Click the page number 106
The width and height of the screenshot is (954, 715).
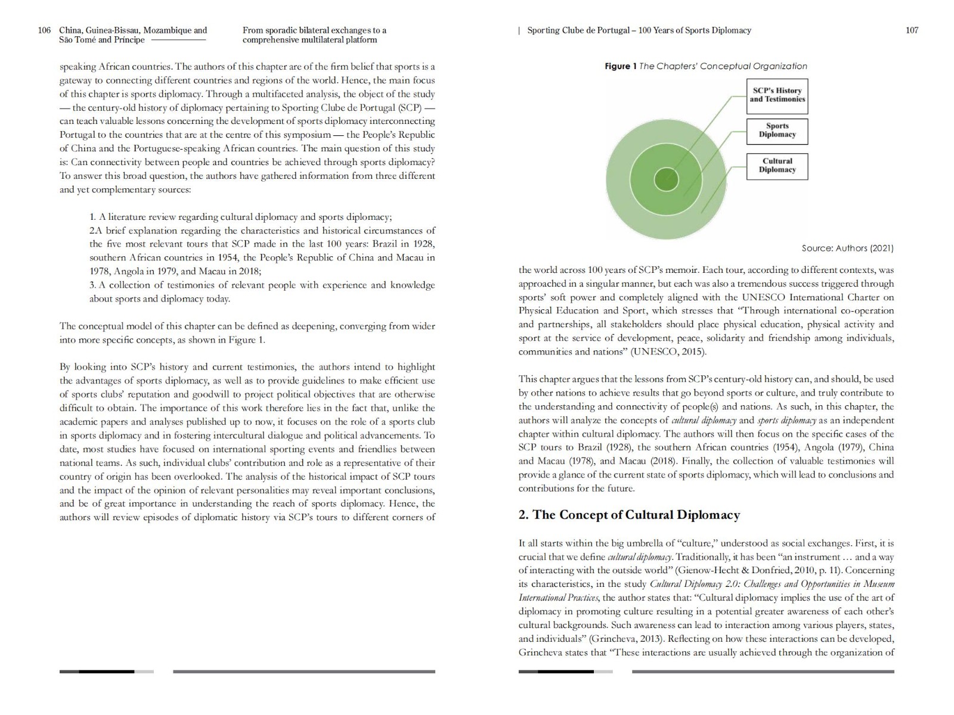44,30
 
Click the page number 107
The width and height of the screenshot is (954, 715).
912,30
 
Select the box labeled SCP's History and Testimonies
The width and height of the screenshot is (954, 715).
777,95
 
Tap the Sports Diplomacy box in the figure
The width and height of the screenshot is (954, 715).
777,130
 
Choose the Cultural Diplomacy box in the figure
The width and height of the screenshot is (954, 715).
777,166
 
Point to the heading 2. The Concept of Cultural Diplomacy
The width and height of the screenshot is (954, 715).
629,515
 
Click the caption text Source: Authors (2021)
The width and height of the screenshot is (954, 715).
847,248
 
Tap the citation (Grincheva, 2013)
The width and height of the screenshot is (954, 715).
625,639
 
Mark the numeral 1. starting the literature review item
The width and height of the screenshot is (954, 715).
93,217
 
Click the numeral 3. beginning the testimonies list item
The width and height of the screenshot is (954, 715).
94,285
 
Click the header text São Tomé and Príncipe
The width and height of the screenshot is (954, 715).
102,40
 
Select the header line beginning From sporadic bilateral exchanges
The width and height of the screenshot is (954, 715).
314,30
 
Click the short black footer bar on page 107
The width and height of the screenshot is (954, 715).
565,672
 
